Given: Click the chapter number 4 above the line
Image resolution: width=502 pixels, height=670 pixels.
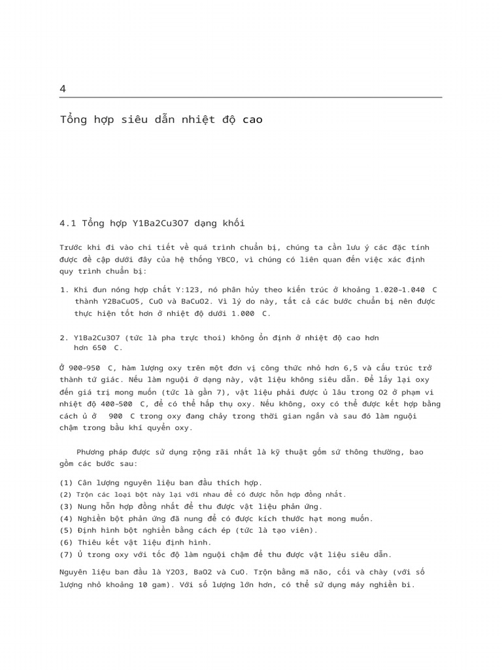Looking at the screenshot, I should [x=63, y=89].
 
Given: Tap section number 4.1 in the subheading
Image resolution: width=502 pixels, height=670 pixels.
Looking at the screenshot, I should [x=68, y=223].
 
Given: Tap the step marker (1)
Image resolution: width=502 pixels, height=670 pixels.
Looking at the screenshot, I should [x=66, y=483].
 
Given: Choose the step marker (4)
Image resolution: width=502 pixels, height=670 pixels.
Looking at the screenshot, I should [x=66, y=518].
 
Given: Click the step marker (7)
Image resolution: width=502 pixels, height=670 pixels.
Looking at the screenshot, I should [x=66, y=554].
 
